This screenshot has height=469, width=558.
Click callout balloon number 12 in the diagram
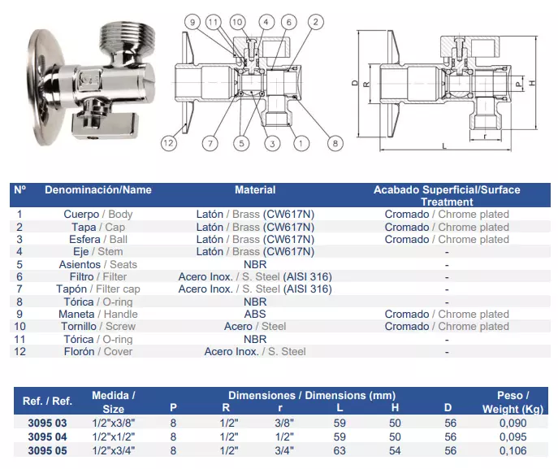[x=168, y=143]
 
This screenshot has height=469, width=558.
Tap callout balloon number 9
[x=192, y=22]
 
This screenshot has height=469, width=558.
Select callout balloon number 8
[x=335, y=143]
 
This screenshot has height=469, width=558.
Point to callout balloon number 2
[x=315, y=22]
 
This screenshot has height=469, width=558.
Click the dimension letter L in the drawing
[x=444, y=146]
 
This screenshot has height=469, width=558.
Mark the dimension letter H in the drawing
[x=532, y=83]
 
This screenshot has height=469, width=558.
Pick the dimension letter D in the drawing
[x=355, y=83]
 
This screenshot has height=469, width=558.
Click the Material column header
[x=255, y=190]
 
